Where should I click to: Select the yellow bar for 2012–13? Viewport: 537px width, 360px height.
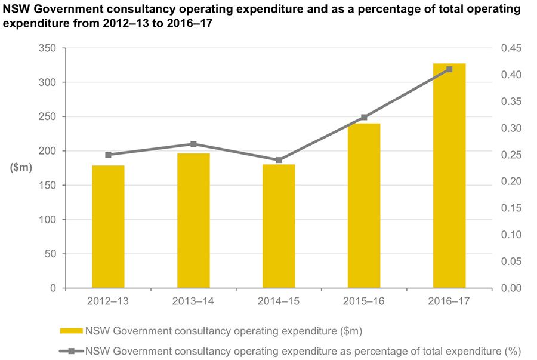pos(108,227)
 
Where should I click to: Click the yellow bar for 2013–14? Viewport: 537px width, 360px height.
pos(193,221)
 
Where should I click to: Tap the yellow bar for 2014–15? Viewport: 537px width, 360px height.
pos(279,226)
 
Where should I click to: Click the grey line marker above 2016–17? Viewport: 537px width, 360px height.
pos(449,69)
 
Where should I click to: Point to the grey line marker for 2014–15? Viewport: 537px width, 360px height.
pos(279,160)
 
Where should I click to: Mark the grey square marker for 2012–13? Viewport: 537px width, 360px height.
pos(108,155)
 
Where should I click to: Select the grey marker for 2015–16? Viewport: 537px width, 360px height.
pos(364,118)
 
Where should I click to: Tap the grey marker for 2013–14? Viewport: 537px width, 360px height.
pos(193,144)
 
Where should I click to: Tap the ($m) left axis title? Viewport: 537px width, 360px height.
pos(21,168)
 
